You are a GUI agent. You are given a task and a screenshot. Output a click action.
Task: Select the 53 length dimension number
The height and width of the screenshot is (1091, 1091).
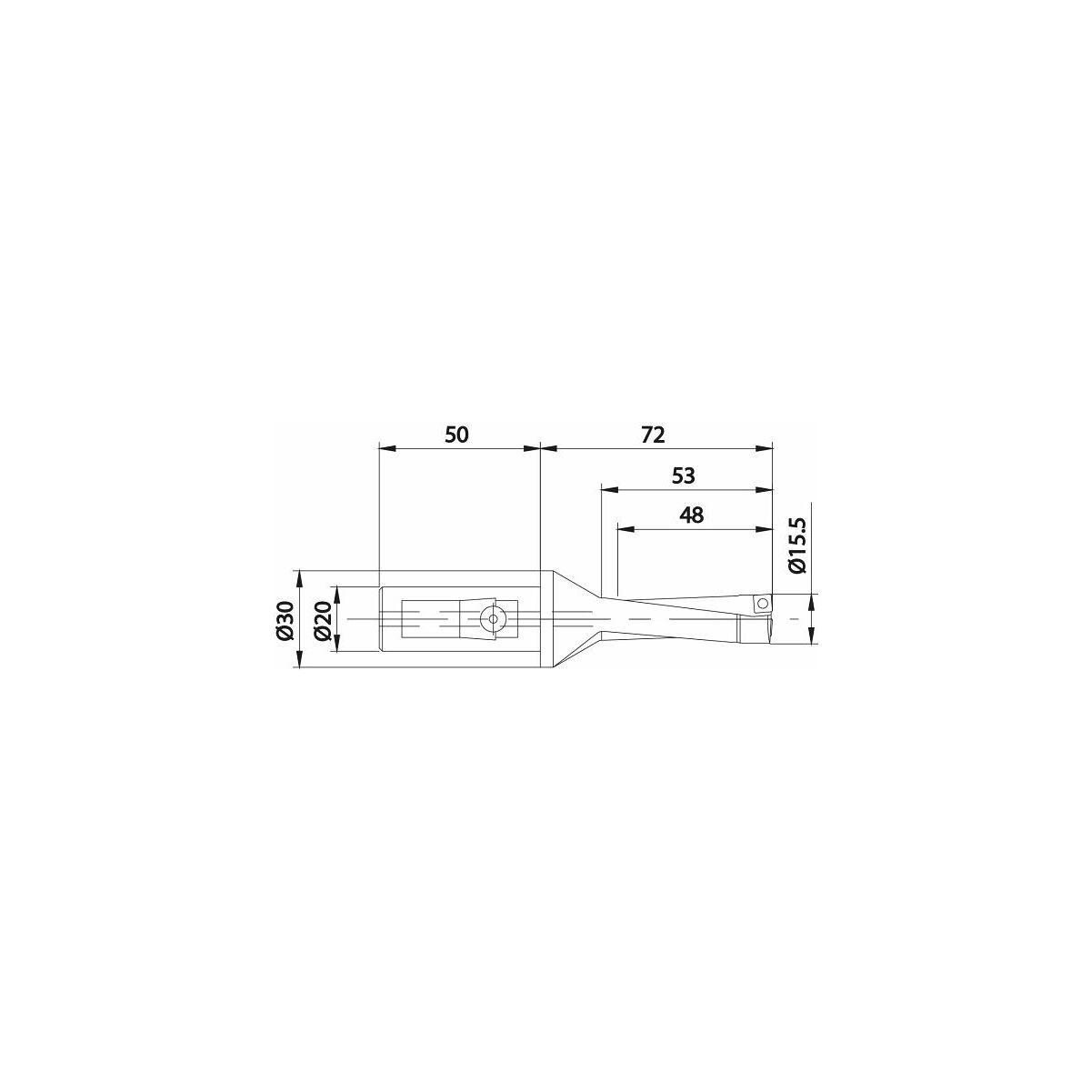[x=684, y=476]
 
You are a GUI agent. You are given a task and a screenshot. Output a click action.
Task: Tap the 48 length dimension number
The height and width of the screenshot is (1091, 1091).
[x=691, y=515]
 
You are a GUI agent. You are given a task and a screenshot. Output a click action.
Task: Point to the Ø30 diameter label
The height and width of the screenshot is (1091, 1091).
[x=286, y=621]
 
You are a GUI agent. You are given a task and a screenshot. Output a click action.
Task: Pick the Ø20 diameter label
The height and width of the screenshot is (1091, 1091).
[x=322, y=621]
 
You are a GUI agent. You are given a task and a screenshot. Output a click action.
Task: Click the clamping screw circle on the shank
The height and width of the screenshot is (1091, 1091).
[x=493, y=619]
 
